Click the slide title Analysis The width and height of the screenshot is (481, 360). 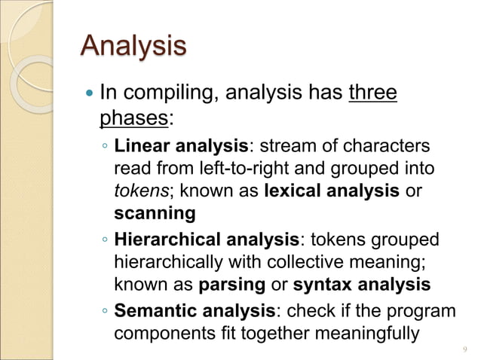[133, 46]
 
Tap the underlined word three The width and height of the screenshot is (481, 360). [372, 93]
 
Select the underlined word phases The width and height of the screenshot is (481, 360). [131, 118]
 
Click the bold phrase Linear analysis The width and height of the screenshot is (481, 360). [181, 145]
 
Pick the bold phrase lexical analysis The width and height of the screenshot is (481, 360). [332, 191]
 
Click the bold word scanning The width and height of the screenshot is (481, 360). [155, 214]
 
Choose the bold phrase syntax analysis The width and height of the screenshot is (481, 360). [361, 285]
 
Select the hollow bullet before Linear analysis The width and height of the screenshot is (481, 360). [105, 146]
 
